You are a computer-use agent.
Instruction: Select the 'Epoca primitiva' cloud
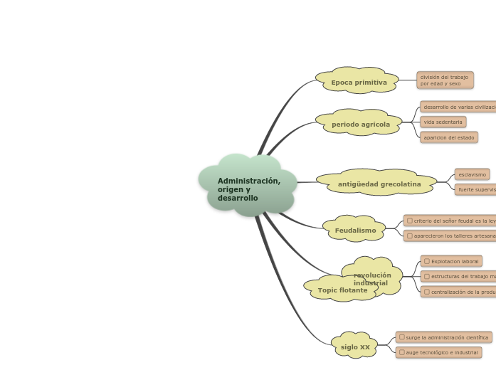point(359,83)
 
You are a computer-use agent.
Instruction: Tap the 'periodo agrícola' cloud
point(360,125)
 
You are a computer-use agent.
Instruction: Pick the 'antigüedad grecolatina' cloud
point(379,184)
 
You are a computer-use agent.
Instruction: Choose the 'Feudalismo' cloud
point(355,231)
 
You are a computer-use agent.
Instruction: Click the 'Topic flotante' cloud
point(342,290)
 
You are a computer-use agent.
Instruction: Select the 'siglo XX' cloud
point(355,347)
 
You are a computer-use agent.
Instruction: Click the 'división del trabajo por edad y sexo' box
point(445,80)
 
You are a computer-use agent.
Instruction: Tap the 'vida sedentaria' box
point(443,122)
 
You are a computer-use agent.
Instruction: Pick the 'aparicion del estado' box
point(448,137)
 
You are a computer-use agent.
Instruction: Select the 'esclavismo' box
point(472,174)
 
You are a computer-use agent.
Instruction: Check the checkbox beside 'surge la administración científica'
point(401,337)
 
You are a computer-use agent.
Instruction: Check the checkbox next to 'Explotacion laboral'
point(426,261)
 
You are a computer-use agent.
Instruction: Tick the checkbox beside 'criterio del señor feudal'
point(409,221)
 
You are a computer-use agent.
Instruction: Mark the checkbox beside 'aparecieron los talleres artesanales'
point(409,235)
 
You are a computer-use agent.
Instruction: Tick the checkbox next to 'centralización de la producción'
point(426,291)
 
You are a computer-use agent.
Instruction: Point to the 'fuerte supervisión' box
point(476,190)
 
